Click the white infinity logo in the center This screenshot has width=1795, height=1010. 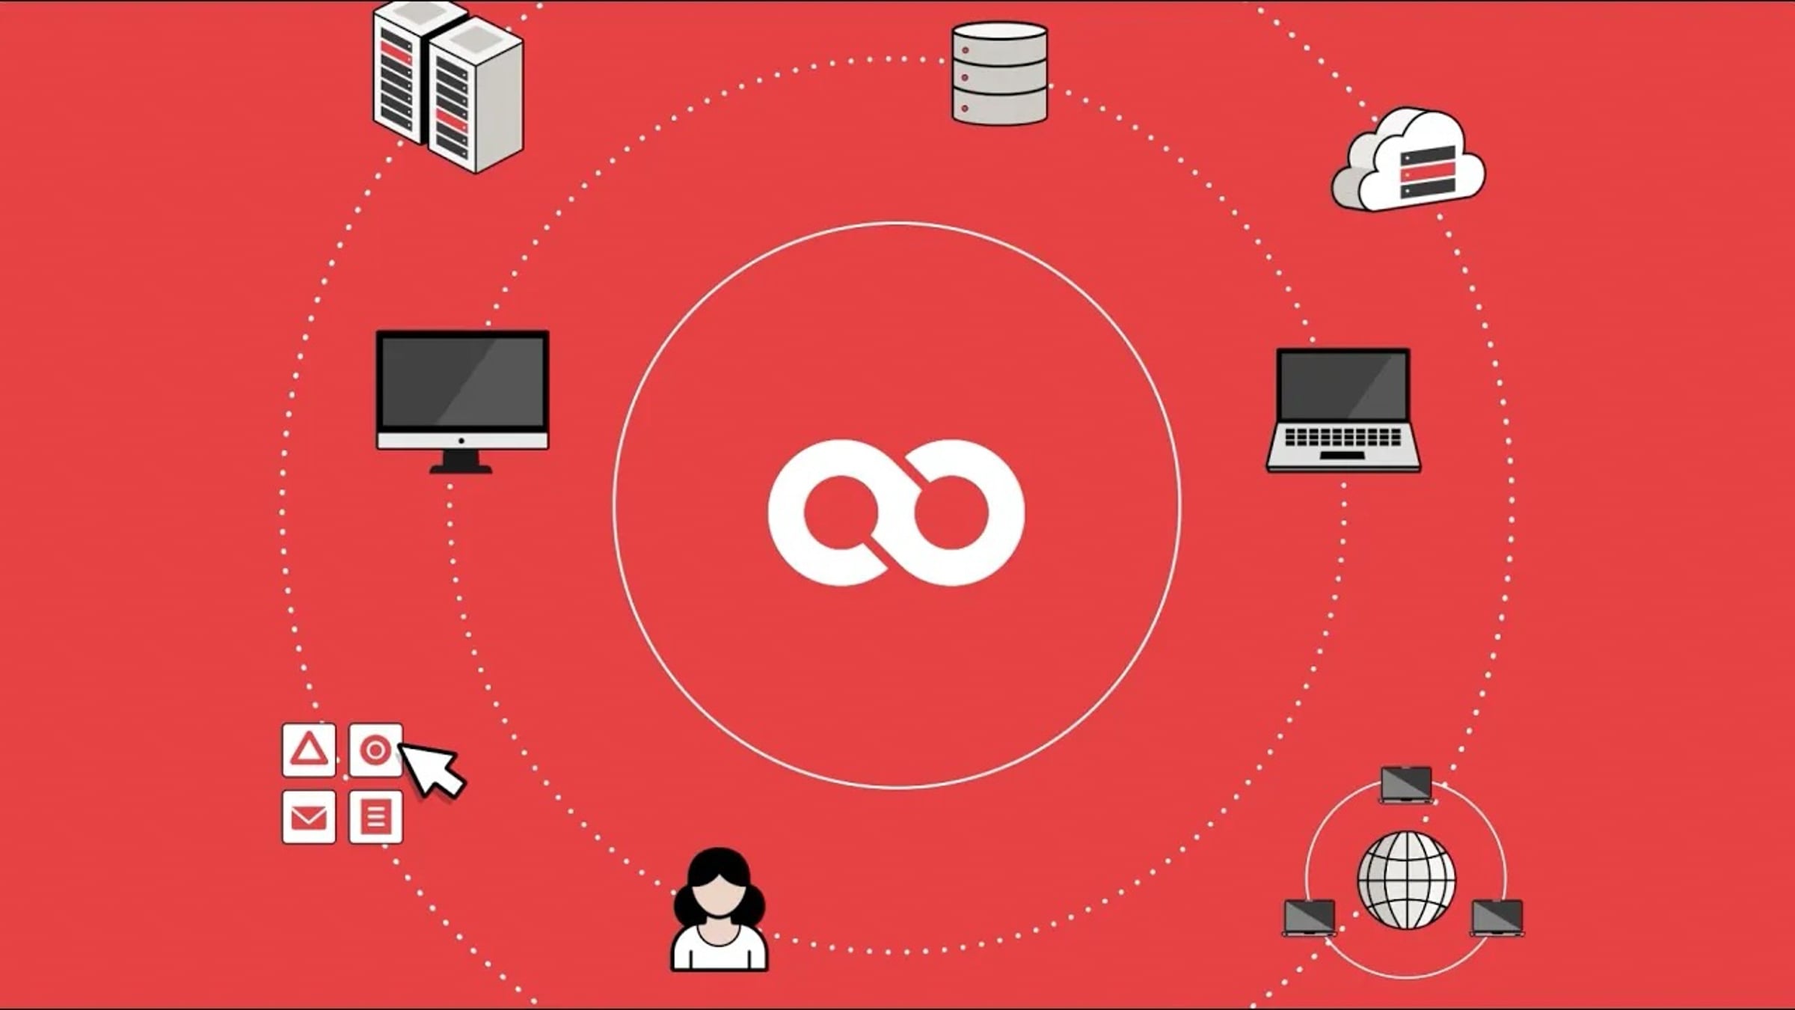(x=896, y=512)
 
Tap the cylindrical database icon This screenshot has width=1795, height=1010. (x=999, y=73)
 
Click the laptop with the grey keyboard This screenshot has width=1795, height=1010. (x=1343, y=441)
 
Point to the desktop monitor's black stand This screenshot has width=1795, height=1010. (x=461, y=462)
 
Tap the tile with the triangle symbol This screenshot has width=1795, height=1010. (x=309, y=750)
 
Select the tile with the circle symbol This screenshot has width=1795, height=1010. (x=375, y=750)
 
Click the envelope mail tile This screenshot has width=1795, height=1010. (x=309, y=817)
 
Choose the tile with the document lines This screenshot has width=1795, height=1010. (x=375, y=817)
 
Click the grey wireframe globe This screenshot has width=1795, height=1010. (x=1406, y=880)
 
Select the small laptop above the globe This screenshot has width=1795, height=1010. (x=1406, y=784)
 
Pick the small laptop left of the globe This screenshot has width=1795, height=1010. (x=1310, y=917)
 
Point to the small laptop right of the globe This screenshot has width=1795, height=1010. (x=1497, y=917)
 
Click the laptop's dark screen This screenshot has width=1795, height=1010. (x=1343, y=385)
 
